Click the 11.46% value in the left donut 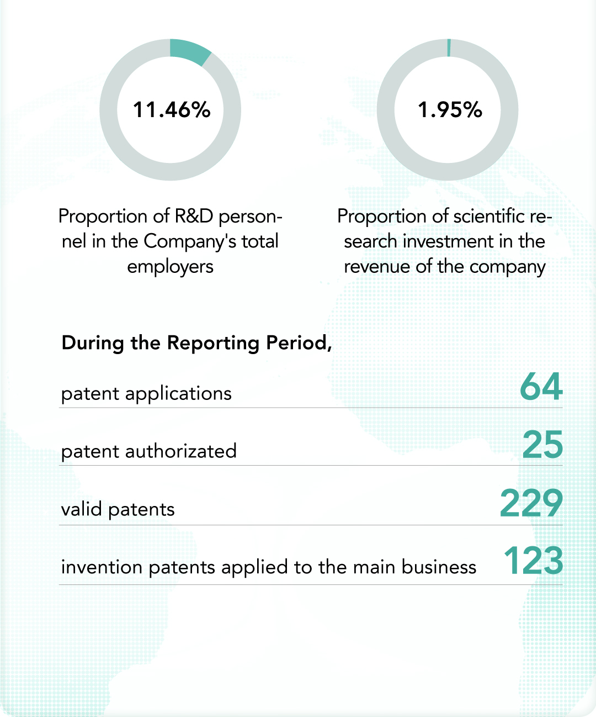coord(172,109)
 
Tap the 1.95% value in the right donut coord(450,109)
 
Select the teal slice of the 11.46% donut coord(189,50)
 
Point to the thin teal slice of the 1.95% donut coord(449,48)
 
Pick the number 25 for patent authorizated coord(542,445)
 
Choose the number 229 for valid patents coord(531,503)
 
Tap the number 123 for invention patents coord(533,561)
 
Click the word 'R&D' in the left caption coord(194,216)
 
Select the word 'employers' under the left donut coord(170,267)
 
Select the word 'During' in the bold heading coord(93,342)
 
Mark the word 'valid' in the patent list coord(82,509)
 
